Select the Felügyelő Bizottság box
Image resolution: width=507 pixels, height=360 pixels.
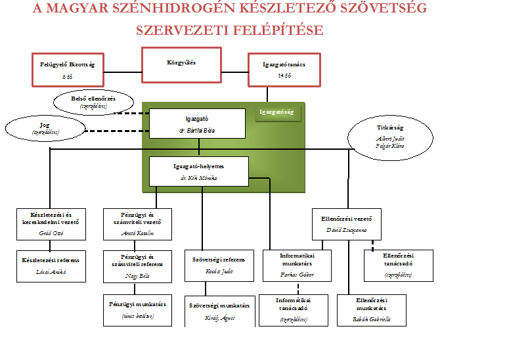[68, 69]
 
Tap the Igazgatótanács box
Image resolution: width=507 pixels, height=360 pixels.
[284, 69]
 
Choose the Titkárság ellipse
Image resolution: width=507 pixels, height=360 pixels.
[390, 137]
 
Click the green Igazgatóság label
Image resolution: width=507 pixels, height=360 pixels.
[278, 112]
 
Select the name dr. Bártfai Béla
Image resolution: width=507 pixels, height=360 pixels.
[196, 130]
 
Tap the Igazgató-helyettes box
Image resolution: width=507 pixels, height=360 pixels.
[199, 171]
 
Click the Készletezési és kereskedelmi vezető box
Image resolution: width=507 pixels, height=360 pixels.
[51, 224]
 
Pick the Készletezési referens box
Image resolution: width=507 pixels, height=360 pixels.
[51, 265]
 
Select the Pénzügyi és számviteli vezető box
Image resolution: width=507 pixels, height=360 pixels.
[137, 224]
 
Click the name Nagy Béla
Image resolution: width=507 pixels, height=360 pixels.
[137, 276]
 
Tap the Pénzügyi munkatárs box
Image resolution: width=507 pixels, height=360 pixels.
[137, 310]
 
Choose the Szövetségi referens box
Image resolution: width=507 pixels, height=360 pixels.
[218, 265]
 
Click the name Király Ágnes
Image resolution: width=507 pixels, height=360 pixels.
[219, 318]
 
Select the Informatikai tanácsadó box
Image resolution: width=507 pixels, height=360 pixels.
[292, 310]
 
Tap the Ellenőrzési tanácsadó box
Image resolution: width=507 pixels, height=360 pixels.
[398, 265]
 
